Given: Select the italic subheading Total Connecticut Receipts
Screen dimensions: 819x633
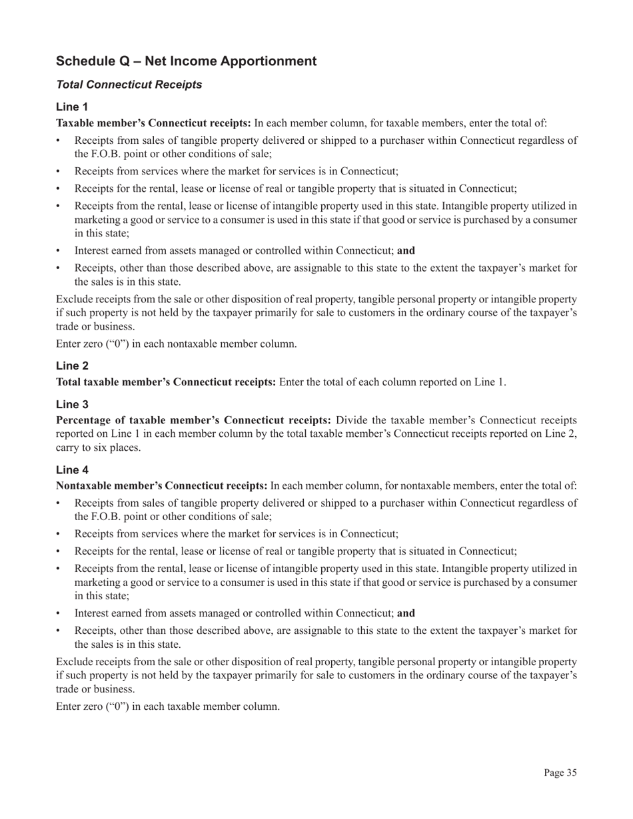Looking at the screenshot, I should pyautogui.click(x=129, y=85).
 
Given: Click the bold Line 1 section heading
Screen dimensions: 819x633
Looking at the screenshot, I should pyautogui.click(x=71, y=107).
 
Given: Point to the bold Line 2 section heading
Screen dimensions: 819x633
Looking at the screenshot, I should pyautogui.click(x=71, y=366).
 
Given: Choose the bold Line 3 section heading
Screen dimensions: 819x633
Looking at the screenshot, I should pyautogui.click(x=71, y=404).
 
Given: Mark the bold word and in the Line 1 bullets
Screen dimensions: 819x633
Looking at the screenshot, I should pyautogui.click(x=406, y=251).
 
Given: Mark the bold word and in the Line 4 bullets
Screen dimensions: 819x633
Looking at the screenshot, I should pyautogui.click(x=406, y=613).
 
